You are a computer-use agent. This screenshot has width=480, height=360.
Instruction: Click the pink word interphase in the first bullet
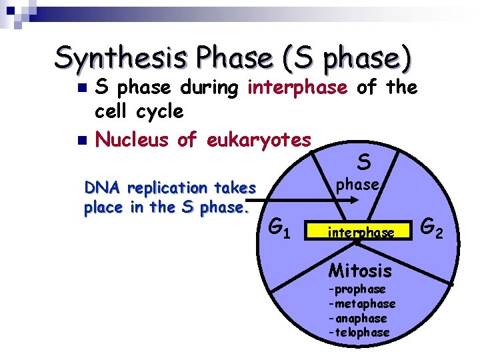[x=297, y=87]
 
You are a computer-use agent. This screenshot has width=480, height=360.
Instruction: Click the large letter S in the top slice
[x=364, y=161]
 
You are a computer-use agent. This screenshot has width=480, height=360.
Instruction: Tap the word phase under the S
[x=357, y=185]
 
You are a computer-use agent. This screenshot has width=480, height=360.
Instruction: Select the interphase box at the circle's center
[x=361, y=233]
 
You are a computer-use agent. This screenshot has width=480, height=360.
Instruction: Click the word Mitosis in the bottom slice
[x=360, y=271]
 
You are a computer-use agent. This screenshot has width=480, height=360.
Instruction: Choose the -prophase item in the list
[x=357, y=289]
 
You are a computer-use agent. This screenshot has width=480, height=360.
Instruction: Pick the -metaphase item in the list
[x=361, y=304]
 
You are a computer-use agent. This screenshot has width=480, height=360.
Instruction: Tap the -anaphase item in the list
[x=359, y=318]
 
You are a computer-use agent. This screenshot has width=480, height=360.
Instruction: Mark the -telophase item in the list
[x=359, y=332]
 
